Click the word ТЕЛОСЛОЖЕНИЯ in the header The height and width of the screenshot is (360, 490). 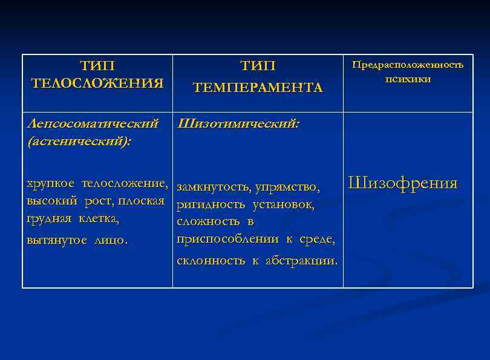pos(97,83)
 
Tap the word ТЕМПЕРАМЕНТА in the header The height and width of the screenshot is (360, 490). pos(258,88)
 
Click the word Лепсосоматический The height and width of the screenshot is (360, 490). pos(93,124)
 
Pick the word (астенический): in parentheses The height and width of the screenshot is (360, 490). pos(79,141)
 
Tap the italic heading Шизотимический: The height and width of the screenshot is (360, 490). pos(238,124)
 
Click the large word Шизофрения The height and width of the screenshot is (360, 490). pos(403,183)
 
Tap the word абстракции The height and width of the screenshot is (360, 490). pos(301,261)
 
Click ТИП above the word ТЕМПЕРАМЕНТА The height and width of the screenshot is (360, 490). pos(258,65)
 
